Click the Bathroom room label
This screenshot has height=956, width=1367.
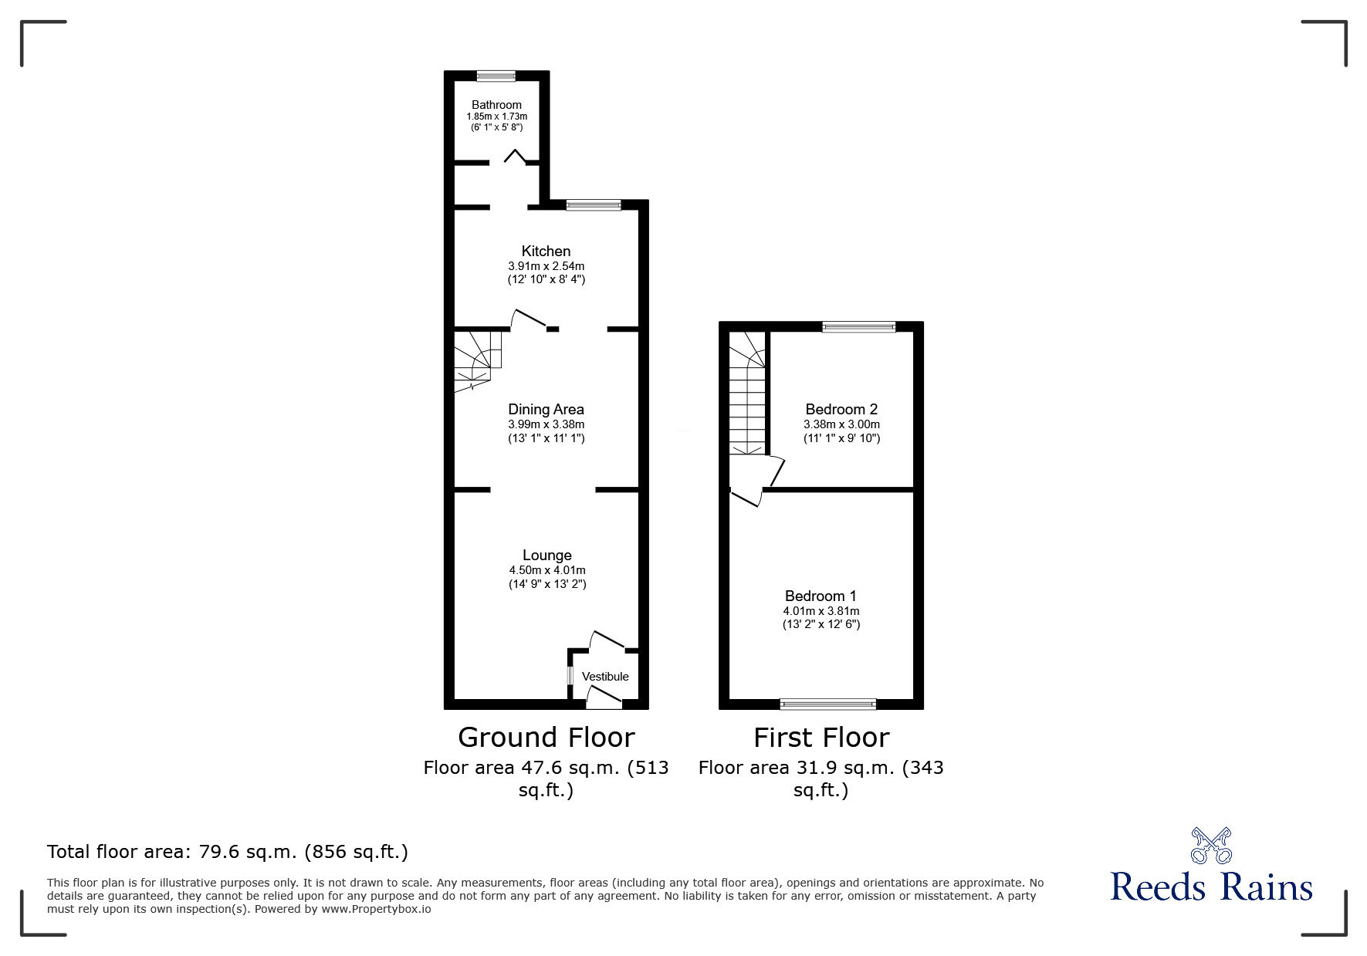click(x=496, y=105)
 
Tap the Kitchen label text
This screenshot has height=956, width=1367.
click(x=546, y=251)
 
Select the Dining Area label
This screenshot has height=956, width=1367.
click(x=546, y=410)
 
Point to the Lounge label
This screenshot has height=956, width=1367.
click(x=546, y=556)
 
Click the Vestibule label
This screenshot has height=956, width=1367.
click(x=605, y=677)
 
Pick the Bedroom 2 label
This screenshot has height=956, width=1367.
click(x=841, y=410)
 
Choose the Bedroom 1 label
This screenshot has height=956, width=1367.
click(x=821, y=596)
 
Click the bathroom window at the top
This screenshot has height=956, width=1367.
click(x=496, y=76)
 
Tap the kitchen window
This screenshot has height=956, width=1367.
click(x=593, y=205)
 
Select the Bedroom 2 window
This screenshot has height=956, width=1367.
click(x=859, y=327)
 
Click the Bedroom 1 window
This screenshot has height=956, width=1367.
click(x=827, y=704)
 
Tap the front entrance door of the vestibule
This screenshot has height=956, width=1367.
click(x=604, y=699)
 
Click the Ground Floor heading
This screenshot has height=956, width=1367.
click(x=546, y=738)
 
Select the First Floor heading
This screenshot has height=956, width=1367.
click(x=821, y=738)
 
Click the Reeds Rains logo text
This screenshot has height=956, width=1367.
click(x=1211, y=887)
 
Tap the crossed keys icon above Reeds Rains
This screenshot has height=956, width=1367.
click(x=1211, y=845)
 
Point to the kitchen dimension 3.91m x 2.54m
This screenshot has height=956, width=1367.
click(x=546, y=266)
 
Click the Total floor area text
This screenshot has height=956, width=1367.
click(x=228, y=852)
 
